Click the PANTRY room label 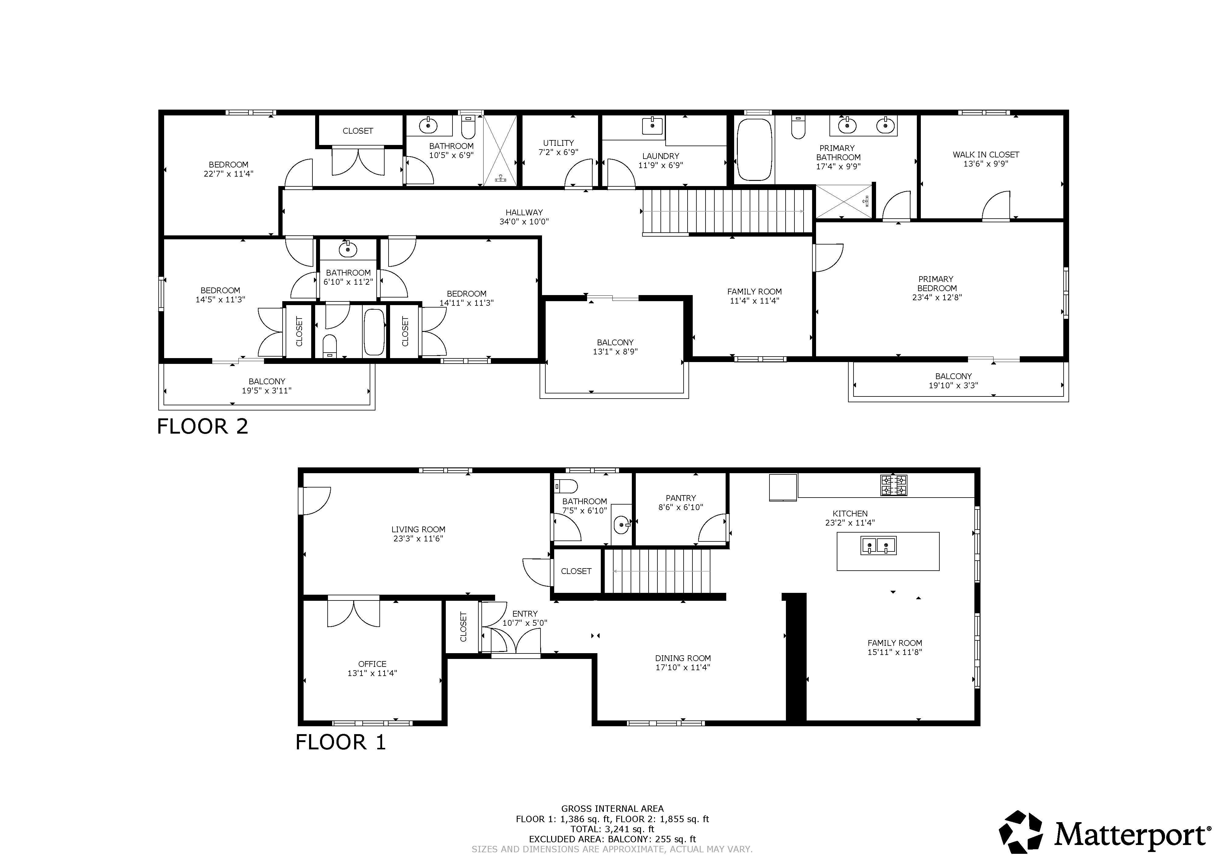tap(681, 498)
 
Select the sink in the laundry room tap(652, 126)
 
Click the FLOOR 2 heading tap(203, 426)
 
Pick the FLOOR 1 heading tap(340, 742)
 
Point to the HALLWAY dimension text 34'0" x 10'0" tap(524, 221)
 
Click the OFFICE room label tap(372, 664)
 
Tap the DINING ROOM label tap(683, 658)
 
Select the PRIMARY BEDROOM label tap(936, 283)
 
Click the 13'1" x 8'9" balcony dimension tap(615, 352)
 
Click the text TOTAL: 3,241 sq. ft tap(613, 829)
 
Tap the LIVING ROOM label tap(418, 529)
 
